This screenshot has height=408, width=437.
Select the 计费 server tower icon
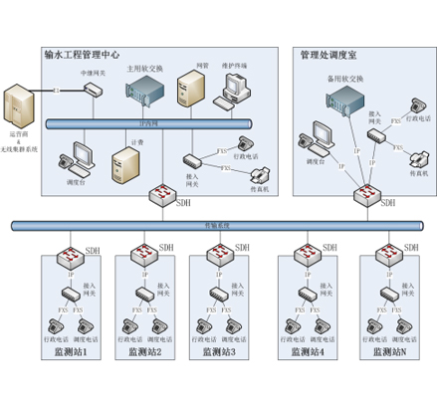coord(123,165)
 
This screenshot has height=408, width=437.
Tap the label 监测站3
coord(217,352)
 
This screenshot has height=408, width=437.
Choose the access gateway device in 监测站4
coord(304,295)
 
